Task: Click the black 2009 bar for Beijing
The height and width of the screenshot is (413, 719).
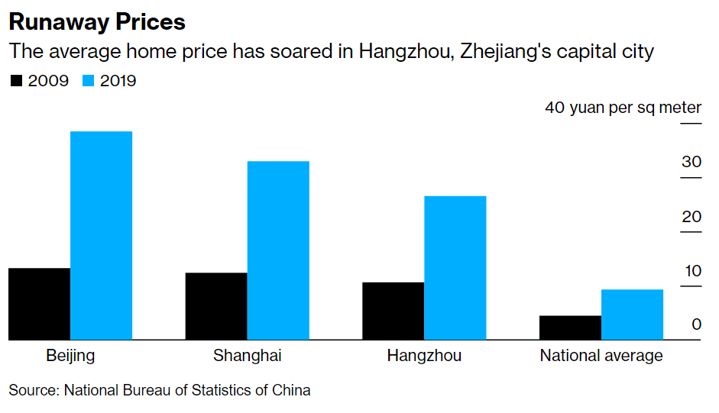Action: point(39,304)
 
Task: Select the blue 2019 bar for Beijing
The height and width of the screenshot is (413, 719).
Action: point(101,235)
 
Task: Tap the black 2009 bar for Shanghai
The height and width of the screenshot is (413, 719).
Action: point(216,306)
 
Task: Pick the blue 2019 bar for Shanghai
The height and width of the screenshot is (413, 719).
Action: point(278,250)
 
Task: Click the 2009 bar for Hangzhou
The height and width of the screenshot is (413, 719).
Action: point(393,311)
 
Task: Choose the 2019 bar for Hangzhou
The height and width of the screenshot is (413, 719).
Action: point(455,268)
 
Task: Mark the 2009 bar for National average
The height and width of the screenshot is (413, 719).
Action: point(570,327)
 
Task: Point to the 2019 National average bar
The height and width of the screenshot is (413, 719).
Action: point(632,315)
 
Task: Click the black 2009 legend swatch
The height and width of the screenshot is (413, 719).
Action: point(15,81)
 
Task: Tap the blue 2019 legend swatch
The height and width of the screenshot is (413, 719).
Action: point(88,81)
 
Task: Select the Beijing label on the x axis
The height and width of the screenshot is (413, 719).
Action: point(70,356)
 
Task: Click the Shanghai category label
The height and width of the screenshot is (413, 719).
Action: point(247,356)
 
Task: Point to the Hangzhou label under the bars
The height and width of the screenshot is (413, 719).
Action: point(424,356)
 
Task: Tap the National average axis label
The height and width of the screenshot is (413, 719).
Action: point(601,356)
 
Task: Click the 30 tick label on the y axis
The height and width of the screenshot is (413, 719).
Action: point(691,162)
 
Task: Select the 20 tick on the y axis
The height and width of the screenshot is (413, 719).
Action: point(691,217)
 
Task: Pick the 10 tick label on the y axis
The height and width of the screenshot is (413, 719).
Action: point(691,271)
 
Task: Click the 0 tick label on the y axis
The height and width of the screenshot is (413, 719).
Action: point(696,324)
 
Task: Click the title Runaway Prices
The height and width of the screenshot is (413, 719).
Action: point(97,21)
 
